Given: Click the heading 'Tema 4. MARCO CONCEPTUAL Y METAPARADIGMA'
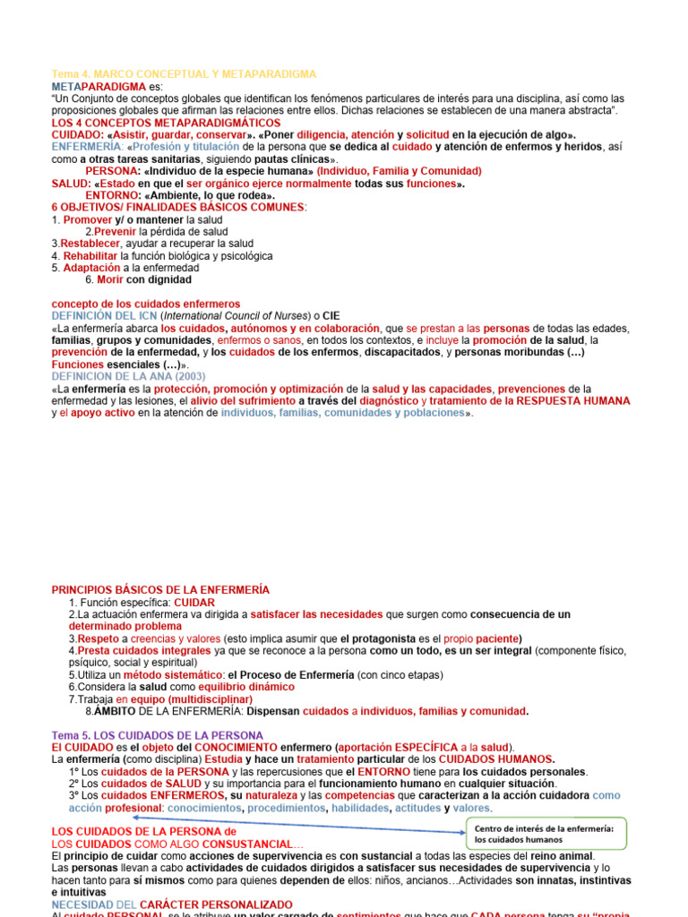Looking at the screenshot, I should coord(184,73).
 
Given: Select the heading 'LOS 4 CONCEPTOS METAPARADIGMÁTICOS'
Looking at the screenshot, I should coord(166,123).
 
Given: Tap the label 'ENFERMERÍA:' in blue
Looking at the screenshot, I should coord(87,147).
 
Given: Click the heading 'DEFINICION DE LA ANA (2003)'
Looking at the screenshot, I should coord(128,377).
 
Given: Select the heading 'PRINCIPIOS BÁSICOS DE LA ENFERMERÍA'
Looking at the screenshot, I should coord(160,590).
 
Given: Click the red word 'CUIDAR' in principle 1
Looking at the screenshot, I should coord(194,603).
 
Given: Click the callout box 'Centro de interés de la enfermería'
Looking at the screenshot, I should coord(544,834).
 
